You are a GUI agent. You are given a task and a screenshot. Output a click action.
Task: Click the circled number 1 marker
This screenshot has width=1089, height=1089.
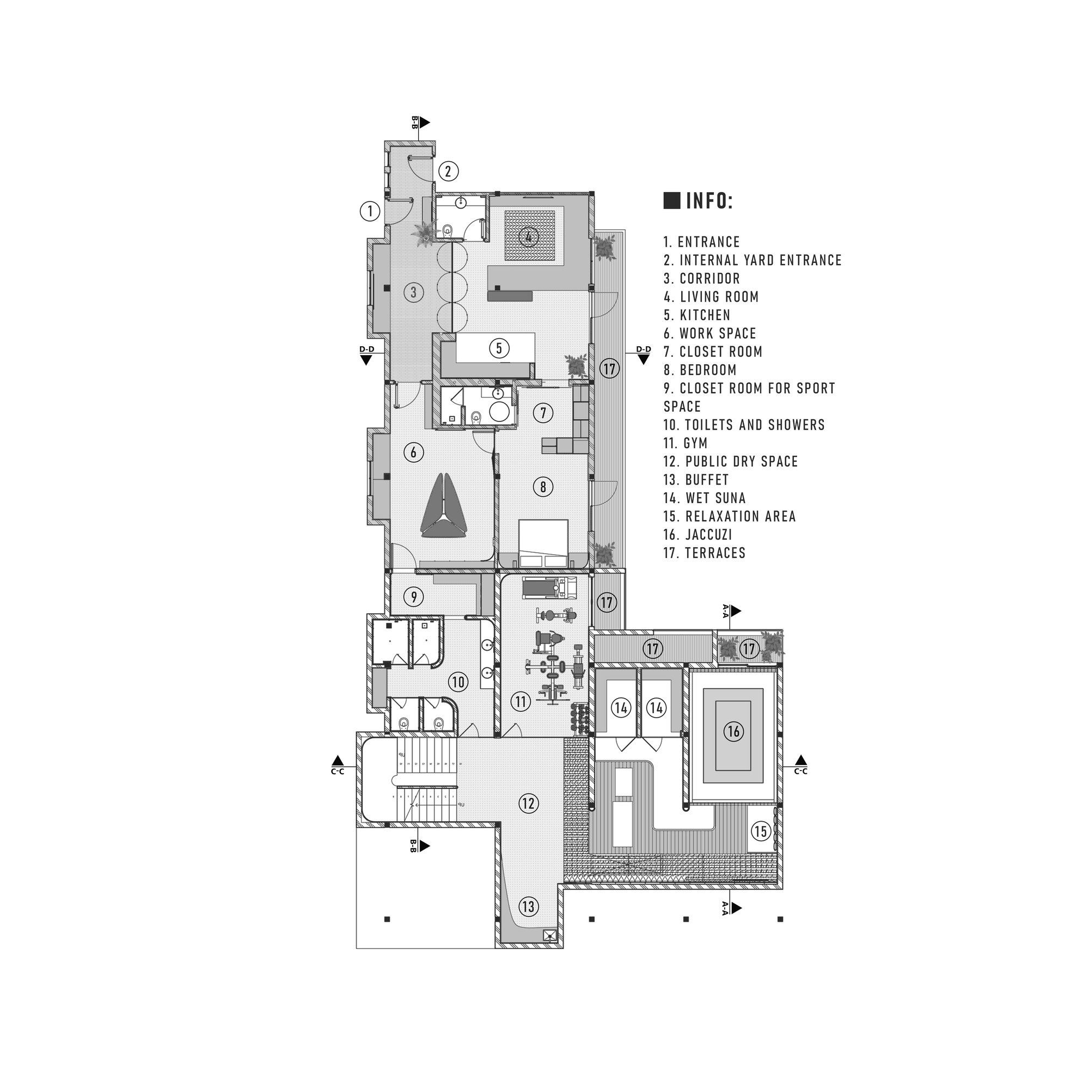(x=370, y=212)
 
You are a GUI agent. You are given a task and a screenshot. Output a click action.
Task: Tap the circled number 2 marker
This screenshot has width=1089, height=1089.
(x=449, y=171)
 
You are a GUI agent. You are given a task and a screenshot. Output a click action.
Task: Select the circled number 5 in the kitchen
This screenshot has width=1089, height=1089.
(x=499, y=348)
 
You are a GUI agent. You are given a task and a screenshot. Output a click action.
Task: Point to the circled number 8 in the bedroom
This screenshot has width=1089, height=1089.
(x=543, y=486)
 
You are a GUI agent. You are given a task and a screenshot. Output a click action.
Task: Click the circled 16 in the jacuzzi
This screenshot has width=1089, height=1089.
(x=733, y=732)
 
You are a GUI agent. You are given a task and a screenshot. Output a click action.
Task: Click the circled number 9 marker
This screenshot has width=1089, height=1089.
(x=414, y=596)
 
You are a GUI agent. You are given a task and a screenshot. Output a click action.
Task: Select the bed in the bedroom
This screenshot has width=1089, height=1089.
(x=543, y=543)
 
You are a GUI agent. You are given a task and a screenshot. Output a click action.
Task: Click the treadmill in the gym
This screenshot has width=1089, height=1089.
(x=549, y=588)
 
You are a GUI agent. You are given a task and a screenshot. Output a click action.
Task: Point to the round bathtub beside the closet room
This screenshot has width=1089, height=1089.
(x=499, y=412)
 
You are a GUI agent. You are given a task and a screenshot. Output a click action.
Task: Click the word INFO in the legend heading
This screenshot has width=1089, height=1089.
(x=709, y=201)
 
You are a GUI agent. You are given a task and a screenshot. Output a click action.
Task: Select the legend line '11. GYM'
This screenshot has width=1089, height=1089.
(x=686, y=443)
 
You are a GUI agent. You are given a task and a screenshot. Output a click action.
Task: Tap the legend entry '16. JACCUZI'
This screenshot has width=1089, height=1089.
(x=698, y=534)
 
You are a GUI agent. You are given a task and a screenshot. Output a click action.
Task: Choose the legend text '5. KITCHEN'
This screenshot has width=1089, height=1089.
(x=697, y=315)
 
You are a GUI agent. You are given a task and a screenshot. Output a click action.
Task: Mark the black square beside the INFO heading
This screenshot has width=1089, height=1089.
(x=672, y=201)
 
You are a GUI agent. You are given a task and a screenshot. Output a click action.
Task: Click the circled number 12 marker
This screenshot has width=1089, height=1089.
(x=528, y=803)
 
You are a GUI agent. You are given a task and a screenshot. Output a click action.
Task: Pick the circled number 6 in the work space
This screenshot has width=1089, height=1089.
(x=414, y=452)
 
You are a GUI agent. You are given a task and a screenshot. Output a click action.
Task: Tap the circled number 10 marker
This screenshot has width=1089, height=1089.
(x=458, y=682)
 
